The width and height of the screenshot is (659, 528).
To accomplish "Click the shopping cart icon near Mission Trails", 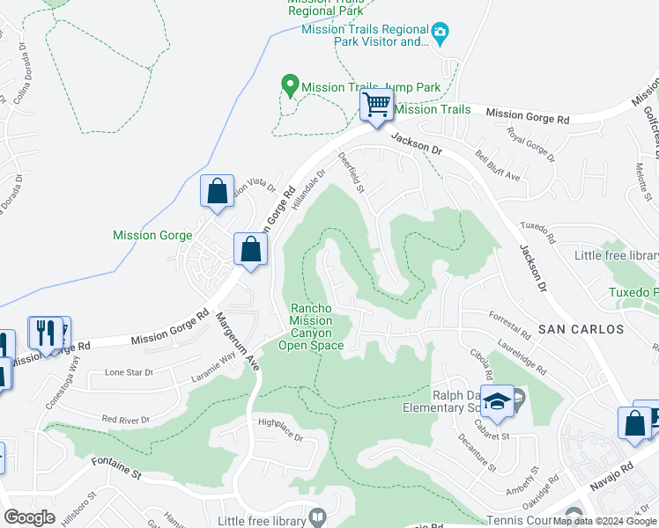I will tap(376, 106).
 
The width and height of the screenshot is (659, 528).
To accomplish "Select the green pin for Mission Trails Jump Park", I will tap(288, 86).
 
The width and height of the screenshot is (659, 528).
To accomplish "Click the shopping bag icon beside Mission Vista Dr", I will tap(217, 191).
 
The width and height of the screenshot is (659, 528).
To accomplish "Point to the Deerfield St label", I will tap(352, 172).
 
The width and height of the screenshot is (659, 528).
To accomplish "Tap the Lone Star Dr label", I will tap(129, 372).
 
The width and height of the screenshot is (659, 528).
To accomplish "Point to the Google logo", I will tap(30, 517).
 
